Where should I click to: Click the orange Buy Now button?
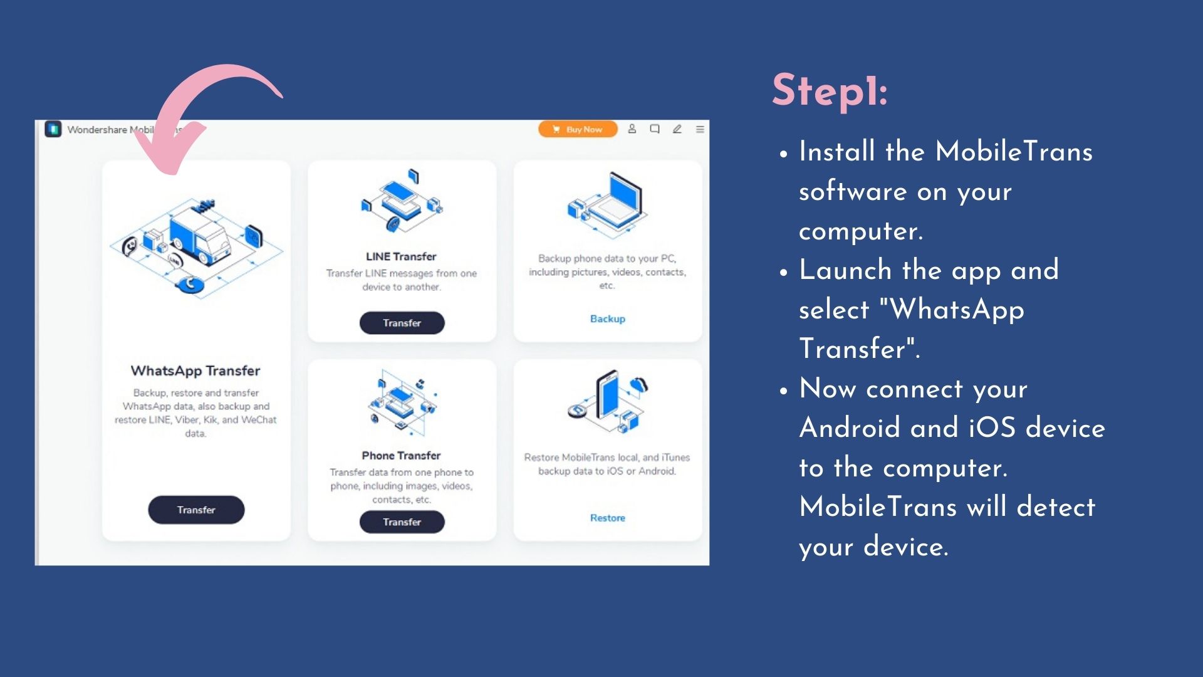(x=577, y=129)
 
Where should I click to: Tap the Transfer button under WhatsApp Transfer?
(x=196, y=510)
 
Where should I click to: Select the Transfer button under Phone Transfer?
(x=402, y=522)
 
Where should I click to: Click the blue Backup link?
(x=607, y=318)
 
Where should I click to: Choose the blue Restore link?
(x=607, y=518)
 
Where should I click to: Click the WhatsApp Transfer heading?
(x=195, y=370)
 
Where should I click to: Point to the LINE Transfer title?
(x=401, y=256)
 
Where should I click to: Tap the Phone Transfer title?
(x=401, y=455)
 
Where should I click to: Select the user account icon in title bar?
(x=632, y=129)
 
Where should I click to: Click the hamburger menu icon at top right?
(x=700, y=129)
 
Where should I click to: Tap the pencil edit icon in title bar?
(x=677, y=129)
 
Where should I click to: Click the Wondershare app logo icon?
(x=53, y=129)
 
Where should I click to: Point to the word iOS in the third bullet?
(x=992, y=428)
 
